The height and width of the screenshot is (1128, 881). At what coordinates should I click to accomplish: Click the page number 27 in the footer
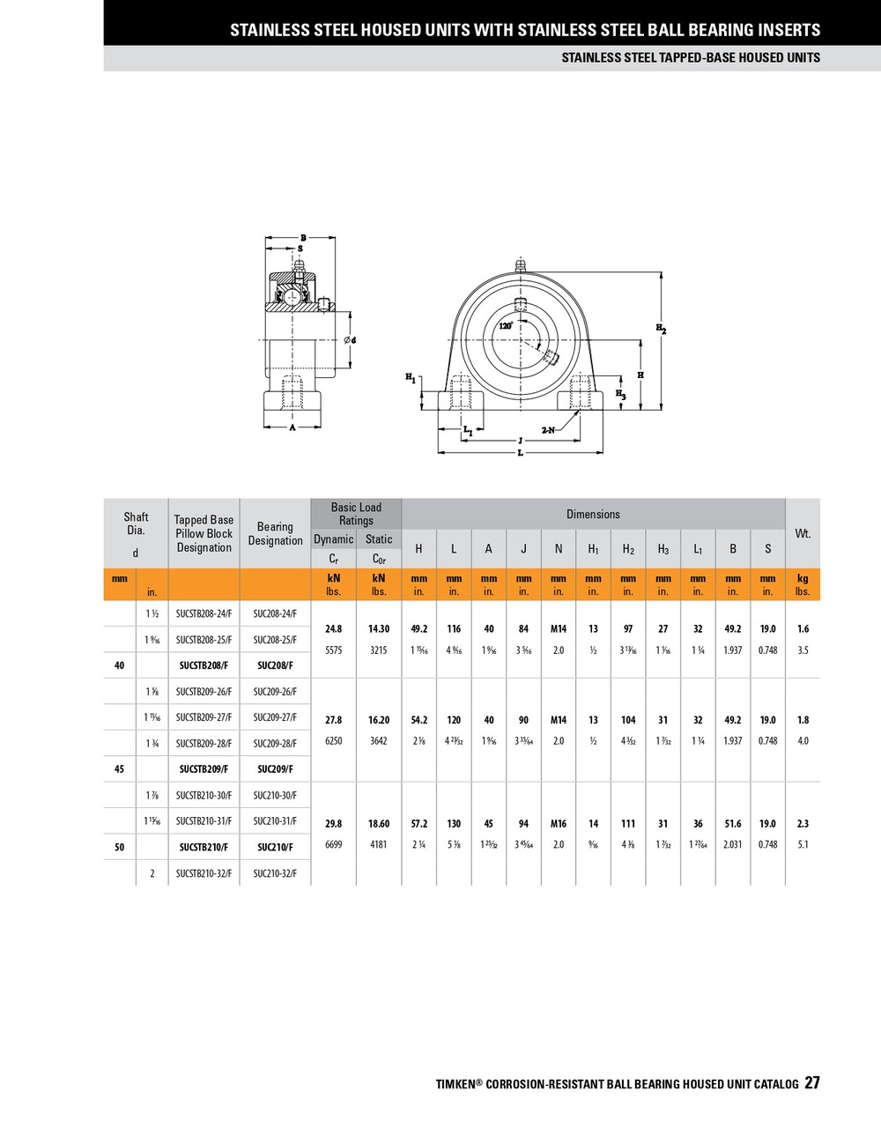point(811,1083)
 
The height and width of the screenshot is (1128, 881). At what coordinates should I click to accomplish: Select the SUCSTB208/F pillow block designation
point(204,665)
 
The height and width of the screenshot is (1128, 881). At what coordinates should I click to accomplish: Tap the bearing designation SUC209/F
point(275,769)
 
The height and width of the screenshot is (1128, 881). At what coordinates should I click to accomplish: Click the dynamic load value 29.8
point(333,824)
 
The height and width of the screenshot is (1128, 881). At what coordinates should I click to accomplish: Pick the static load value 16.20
point(379,720)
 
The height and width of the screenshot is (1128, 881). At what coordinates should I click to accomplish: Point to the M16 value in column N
point(559,824)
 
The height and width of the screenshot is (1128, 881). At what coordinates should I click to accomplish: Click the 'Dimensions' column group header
point(593,515)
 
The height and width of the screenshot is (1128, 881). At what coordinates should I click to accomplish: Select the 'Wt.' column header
point(803,534)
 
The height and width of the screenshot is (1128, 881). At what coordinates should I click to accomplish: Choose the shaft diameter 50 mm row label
point(120,848)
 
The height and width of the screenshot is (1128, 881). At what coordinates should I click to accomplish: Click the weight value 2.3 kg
point(803,824)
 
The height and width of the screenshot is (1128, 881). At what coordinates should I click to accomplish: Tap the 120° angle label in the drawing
point(506,325)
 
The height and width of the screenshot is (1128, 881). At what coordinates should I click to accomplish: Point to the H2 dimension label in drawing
point(661,329)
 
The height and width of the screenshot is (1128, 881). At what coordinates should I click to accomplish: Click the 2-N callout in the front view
point(548,430)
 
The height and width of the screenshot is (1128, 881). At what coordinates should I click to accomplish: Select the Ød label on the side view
point(350,340)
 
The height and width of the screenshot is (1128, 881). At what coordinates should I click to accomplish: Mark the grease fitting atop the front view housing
point(519,264)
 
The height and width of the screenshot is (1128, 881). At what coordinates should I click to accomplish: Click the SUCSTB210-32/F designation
point(204,873)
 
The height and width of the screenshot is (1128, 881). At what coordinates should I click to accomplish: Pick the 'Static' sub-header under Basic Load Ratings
point(379,539)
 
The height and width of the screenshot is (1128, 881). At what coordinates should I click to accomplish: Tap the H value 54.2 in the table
point(418,720)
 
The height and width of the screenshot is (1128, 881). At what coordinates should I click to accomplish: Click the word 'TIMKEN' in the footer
point(455,1085)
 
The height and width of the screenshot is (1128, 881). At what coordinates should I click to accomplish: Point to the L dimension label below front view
point(520,453)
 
